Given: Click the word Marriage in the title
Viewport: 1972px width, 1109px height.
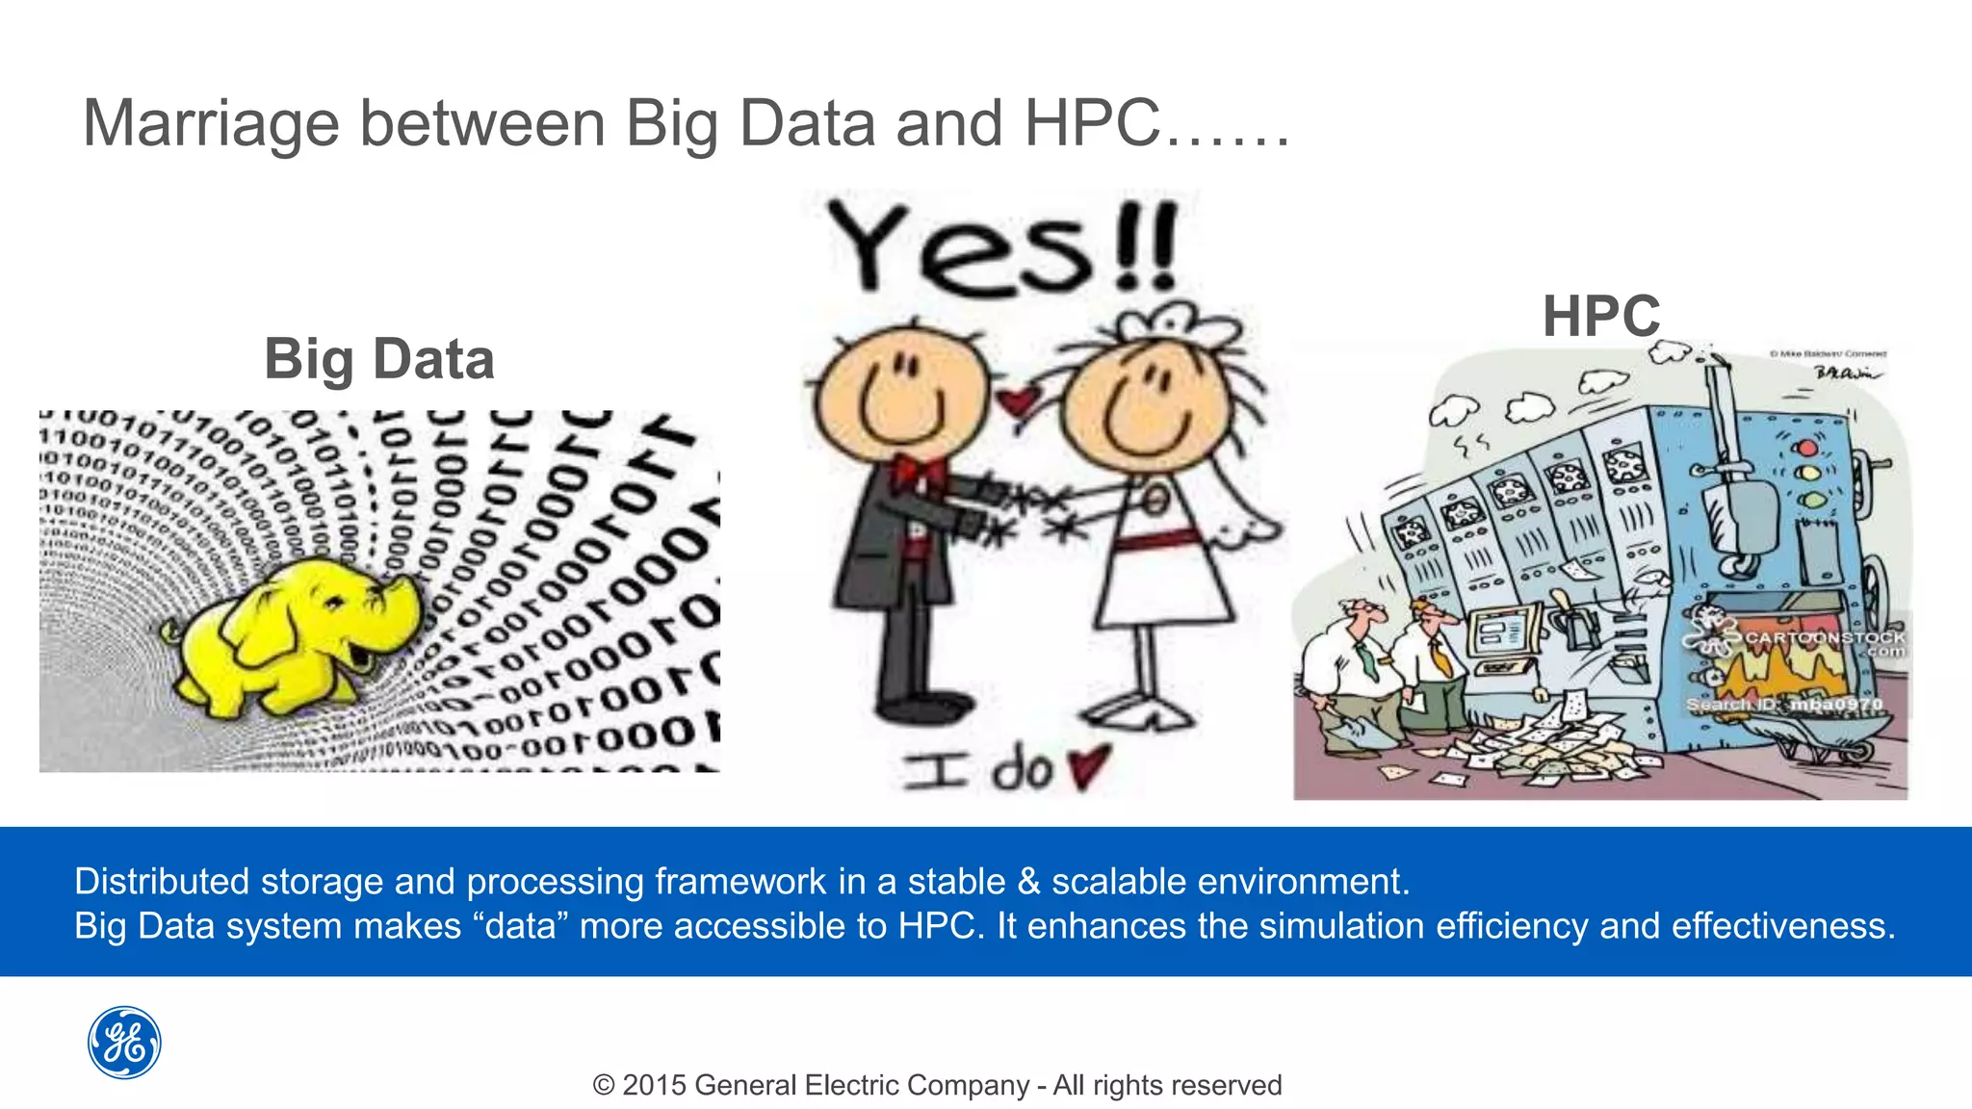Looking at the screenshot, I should click(211, 125).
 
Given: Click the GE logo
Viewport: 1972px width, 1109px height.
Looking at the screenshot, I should click(124, 1043).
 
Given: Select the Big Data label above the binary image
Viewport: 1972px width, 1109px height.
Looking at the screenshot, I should click(379, 359).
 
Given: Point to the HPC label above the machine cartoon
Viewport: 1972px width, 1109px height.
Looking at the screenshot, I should click(1601, 316).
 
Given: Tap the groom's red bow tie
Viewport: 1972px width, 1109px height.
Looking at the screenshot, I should click(917, 473).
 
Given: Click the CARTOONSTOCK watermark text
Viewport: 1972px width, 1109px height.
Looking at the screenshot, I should click(1825, 638).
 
